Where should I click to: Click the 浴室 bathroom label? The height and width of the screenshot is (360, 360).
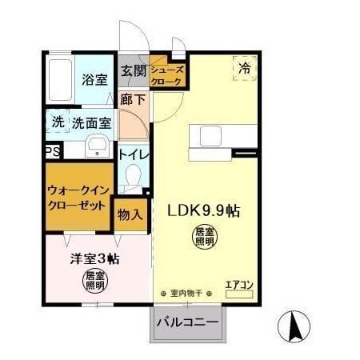[x=94, y=79]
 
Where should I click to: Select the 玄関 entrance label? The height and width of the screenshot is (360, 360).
[x=133, y=71]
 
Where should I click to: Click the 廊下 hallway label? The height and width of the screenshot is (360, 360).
[x=133, y=100]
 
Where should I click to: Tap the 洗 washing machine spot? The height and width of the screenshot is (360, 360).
[x=58, y=123]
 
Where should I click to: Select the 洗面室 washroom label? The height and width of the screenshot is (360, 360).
[x=92, y=124]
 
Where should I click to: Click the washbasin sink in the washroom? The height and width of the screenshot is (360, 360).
[x=97, y=147]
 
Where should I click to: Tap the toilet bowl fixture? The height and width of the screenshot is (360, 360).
[x=134, y=178]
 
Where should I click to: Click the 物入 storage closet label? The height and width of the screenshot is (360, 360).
[x=130, y=214]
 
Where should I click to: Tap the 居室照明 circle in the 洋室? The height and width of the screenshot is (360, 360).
[x=96, y=281]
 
